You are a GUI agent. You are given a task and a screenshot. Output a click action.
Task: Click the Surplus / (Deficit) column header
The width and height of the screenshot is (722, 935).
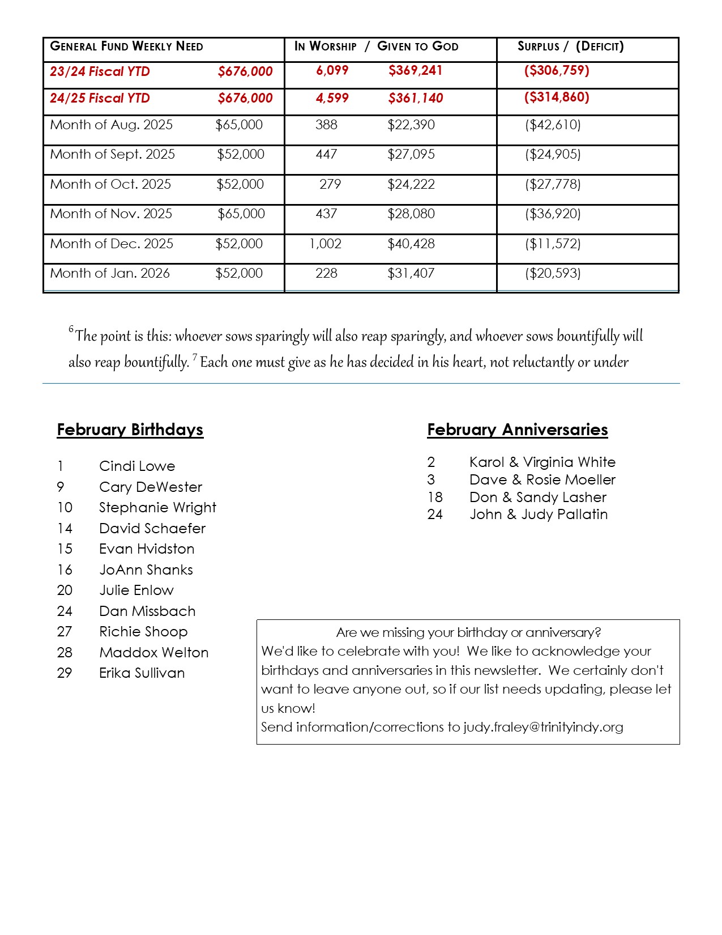click(570, 46)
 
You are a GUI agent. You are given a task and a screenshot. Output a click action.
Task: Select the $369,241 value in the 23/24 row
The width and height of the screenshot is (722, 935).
click(415, 70)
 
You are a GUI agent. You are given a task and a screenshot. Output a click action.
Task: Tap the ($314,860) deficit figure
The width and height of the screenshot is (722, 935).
click(557, 97)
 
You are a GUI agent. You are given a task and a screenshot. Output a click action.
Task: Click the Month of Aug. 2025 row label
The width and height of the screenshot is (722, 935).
click(112, 125)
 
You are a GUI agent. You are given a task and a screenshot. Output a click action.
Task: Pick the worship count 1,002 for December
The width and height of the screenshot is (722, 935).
click(326, 244)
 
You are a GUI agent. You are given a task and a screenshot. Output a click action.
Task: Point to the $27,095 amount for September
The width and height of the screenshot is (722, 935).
click(411, 154)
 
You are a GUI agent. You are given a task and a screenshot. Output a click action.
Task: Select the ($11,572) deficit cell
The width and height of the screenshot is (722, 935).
click(553, 244)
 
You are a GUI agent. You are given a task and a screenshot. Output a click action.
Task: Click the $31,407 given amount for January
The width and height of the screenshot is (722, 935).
click(411, 273)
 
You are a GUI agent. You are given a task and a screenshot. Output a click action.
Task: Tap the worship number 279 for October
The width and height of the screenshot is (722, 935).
click(330, 184)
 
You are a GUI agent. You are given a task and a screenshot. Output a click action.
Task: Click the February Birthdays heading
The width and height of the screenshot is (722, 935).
click(130, 430)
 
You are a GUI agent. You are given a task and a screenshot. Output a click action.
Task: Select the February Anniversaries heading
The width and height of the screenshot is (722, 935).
click(518, 430)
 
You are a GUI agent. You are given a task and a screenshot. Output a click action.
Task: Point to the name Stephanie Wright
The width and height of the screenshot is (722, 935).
click(157, 507)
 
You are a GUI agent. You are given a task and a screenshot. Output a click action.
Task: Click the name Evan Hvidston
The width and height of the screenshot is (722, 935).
click(147, 549)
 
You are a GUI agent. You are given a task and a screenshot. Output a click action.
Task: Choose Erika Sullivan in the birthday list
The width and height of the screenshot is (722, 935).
click(142, 673)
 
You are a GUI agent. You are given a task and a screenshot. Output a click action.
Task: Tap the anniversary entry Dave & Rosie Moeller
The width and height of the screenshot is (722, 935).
click(542, 479)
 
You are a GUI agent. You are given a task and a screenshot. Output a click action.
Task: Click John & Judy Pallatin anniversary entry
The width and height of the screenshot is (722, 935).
click(539, 514)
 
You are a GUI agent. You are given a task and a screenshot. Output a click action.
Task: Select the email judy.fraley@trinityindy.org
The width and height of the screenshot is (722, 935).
click(543, 726)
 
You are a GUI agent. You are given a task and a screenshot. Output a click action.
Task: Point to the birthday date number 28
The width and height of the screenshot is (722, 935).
click(65, 652)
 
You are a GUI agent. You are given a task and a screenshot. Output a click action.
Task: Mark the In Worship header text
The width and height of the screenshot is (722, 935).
click(326, 46)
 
